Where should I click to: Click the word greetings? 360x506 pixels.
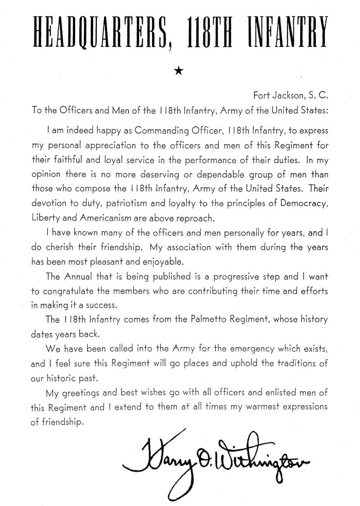pos(81,393)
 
